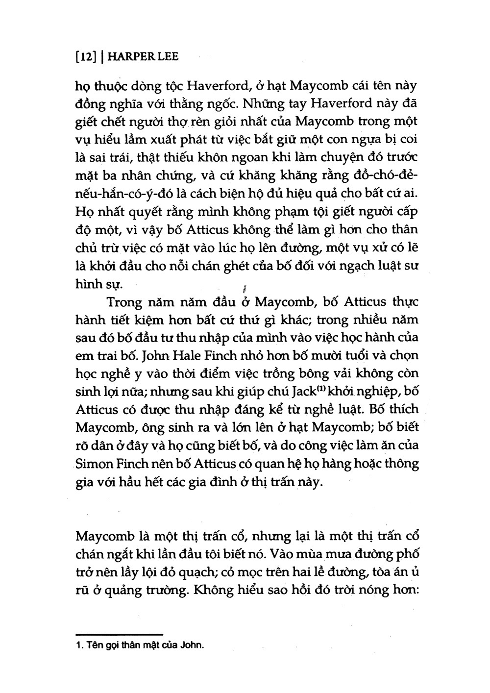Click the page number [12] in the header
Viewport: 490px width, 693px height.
pyautogui.click(x=85, y=57)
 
